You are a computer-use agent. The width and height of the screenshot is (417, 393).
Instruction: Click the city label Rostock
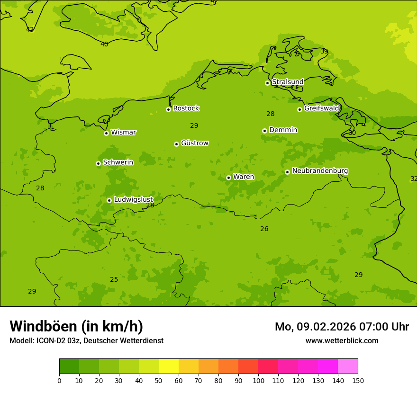(186, 108)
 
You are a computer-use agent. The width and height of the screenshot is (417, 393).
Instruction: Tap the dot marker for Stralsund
(267, 83)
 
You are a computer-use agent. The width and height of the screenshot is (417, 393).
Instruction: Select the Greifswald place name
(321, 108)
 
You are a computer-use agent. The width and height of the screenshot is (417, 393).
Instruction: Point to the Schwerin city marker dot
(98, 163)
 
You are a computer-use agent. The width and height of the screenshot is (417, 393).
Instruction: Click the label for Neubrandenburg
(320, 171)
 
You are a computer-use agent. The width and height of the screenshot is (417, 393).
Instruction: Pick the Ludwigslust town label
(133, 199)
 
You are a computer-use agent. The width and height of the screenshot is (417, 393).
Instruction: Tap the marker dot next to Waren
(228, 178)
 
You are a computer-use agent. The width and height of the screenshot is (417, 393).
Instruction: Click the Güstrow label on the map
(194, 143)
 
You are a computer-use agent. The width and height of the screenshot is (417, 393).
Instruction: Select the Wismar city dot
(106, 133)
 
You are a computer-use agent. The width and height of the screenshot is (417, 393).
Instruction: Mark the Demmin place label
(283, 130)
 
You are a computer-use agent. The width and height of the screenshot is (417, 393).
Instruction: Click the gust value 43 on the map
(30, 29)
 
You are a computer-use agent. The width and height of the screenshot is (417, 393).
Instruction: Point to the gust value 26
(264, 229)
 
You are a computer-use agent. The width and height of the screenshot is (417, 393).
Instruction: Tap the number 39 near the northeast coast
(324, 52)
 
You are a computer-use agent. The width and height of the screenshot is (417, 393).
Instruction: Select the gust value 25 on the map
(114, 280)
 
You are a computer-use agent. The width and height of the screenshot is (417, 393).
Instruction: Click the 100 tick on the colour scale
(258, 380)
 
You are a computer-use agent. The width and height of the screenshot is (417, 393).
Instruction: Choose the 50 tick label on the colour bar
(159, 380)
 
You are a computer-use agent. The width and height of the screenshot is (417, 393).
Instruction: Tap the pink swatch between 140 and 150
(348, 366)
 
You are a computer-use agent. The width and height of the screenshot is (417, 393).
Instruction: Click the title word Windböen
(43, 326)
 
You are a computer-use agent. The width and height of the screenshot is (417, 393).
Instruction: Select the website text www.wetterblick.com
(342, 341)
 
